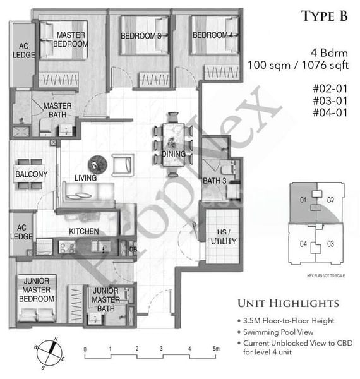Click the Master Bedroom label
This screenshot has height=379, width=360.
pyautogui.click(x=71, y=39)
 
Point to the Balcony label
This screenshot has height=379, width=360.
pyautogui.click(x=31, y=174)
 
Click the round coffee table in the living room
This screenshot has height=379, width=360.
pyautogui.click(x=97, y=163)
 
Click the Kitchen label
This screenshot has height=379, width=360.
pyautogui.click(x=83, y=231)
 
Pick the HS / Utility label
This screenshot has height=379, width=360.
pyautogui.click(x=224, y=237)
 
